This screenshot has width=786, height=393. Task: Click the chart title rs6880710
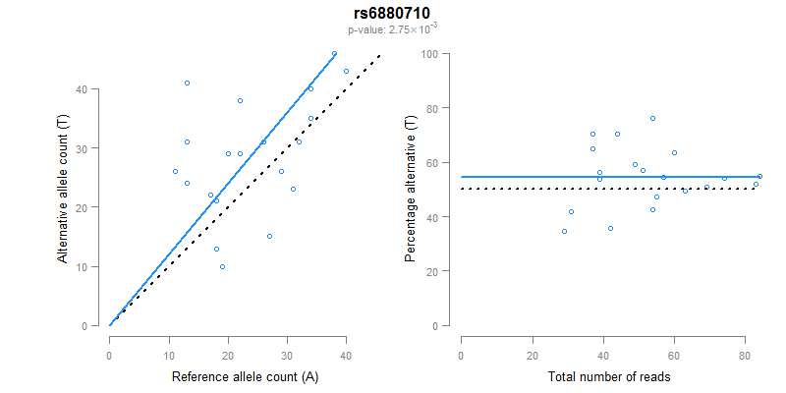pyautogui.click(x=393, y=15)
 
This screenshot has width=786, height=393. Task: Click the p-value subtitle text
pyautogui.click(x=393, y=29)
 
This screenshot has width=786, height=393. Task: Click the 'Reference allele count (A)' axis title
pyautogui.click(x=245, y=376)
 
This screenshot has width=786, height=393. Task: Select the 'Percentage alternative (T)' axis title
pyautogui.click(x=411, y=189)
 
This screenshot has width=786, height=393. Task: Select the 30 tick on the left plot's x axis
pyautogui.click(x=288, y=345)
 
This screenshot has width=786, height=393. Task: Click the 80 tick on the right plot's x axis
pyautogui.click(x=745, y=345)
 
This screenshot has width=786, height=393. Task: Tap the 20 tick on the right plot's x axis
pyautogui.click(x=533, y=345)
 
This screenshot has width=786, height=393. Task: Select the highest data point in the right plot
pyautogui.click(x=652, y=118)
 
